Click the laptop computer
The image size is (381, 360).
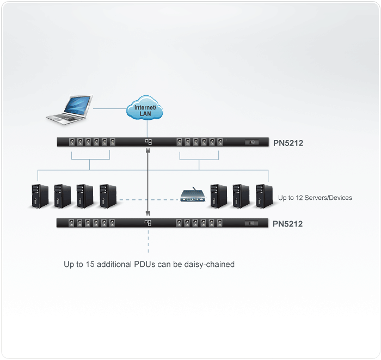69,109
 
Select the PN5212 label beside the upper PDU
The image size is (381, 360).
288,143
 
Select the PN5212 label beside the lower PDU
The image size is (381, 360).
288,224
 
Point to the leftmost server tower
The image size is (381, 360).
40,197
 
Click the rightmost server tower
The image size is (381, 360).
263,197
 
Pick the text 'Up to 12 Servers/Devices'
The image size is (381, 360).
315,198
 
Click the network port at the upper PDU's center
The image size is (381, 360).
148,142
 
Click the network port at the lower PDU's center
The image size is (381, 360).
148,223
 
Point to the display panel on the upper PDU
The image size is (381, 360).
252,142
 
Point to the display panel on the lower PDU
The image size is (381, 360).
252,223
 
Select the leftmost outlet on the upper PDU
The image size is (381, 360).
71,142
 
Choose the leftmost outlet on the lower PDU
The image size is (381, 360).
71,223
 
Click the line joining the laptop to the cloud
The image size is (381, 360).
109,107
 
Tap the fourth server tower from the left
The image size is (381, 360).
108,197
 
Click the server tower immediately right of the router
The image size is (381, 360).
218,197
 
